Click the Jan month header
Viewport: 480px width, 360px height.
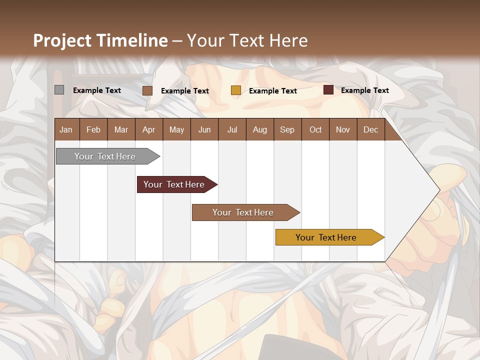(x=66, y=129)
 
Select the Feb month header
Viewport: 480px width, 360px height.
(x=93, y=129)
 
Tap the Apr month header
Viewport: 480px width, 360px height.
(x=148, y=129)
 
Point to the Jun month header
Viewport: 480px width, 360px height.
(x=204, y=129)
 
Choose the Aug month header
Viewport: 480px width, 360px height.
(x=259, y=129)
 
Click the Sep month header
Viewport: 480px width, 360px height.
(x=287, y=129)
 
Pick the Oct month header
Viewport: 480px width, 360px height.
(x=315, y=129)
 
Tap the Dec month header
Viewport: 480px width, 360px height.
(x=370, y=129)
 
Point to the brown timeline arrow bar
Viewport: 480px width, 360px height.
(x=244, y=212)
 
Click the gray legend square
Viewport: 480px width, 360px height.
(x=59, y=90)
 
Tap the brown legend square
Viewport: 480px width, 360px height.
(x=147, y=90)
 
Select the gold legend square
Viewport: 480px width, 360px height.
(x=235, y=90)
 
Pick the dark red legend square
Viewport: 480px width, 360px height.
(x=328, y=90)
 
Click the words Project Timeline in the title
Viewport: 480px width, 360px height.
(x=100, y=40)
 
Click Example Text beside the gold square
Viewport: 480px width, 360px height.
(x=272, y=90)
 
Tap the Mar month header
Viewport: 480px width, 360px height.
(x=121, y=129)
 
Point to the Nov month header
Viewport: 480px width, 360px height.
(x=343, y=129)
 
